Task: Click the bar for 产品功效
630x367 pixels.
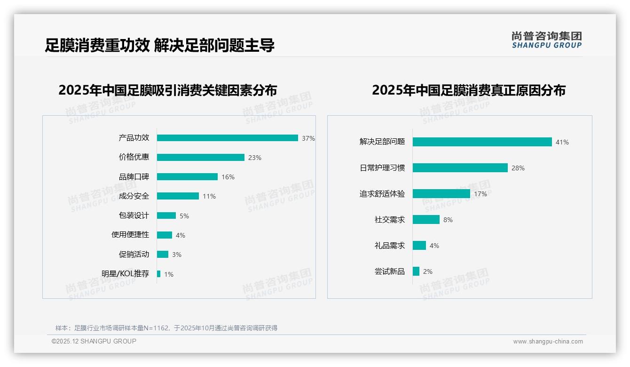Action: coord(227,138)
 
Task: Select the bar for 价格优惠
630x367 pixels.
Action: coord(200,157)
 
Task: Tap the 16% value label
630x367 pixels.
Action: coord(228,177)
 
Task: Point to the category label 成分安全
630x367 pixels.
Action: coord(134,196)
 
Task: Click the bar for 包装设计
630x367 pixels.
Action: coord(166,215)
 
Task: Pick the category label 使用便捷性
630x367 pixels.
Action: coord(130,235)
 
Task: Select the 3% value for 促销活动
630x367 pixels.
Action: coord(177,255)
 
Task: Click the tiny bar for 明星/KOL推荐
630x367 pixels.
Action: coord(158,274)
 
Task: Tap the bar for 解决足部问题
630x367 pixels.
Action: coord(482,142)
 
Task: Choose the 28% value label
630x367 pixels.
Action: coord(518,168)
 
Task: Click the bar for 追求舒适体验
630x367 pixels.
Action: coord(441,193)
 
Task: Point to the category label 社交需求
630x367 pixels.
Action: coord(390,219)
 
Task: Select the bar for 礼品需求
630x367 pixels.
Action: coord(419,245)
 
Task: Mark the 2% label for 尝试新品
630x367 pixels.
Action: coord(428,271)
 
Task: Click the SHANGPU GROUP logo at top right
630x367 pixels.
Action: coord(547,40)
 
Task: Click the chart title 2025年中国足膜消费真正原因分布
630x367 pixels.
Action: coord(469,90)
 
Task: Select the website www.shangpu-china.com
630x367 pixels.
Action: coord(548,342)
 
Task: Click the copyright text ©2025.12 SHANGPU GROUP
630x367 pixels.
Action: coord(94,341)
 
